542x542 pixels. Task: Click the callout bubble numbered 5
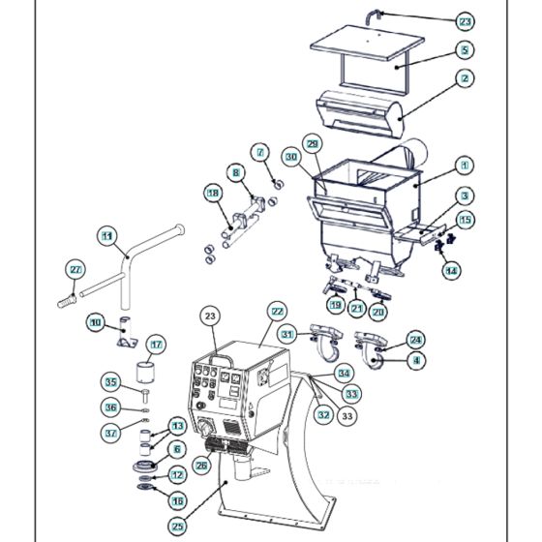[x=465, y=49]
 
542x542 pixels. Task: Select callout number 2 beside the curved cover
[x=465, y=78]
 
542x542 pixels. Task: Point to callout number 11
[x=107, y=234]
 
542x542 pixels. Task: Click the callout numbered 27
[x=75, y=268]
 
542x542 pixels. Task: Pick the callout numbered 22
[x=277, y=312]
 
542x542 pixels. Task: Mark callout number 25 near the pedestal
[x=177, y=526]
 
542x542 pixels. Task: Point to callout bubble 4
[x=416, y=360]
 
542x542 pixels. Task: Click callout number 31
[x=287, y=334]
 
